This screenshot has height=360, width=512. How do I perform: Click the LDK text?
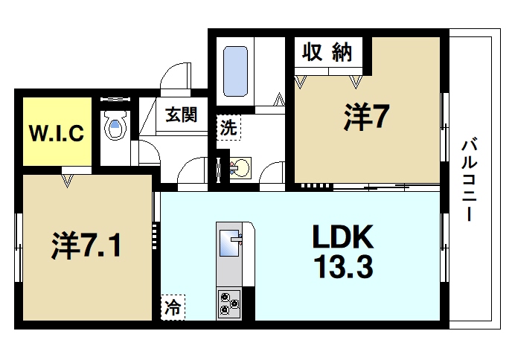pyautogui.click(x=342, y=237)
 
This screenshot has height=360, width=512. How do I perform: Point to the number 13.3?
pyautogui.click(x=342, y=266)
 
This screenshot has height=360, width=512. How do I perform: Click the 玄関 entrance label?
pyautogui.click(x=181, y=116)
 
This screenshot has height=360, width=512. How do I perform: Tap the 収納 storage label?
pyautogui.click(x=327, y=53)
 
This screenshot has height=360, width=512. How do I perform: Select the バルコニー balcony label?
pyautogui.click(x=468, y=179)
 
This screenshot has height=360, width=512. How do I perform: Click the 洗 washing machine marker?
pyautogui.click(x=229, y=126)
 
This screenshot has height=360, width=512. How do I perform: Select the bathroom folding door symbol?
pyautogui.click(x=280, y=100)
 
